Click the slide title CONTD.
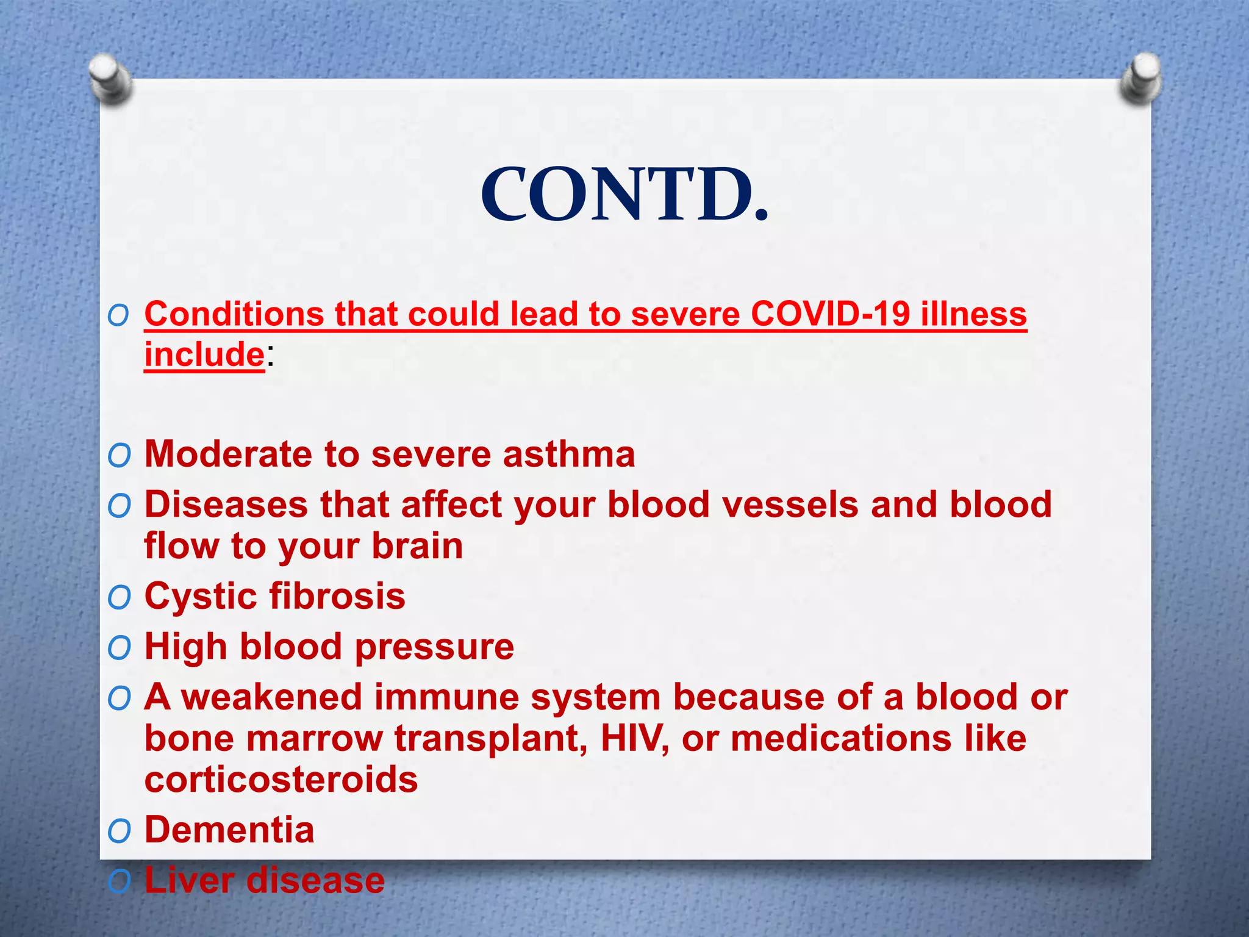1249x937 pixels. click(x=624, y=195)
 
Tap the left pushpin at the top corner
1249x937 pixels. click(x=109, y=79)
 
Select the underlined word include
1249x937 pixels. click(x=204, y=354)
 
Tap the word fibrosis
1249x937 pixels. click(x=337, y=596)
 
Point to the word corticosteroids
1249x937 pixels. click(x=281, y=780)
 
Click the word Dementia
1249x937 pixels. click(x=229, y=830)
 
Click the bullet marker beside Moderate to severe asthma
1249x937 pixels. click(x=119, y=456)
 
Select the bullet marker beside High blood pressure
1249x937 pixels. click(x=119, y=648)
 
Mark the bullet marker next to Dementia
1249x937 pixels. click(x=119, y=831)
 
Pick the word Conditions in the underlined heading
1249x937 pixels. click(x=234, y=314)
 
